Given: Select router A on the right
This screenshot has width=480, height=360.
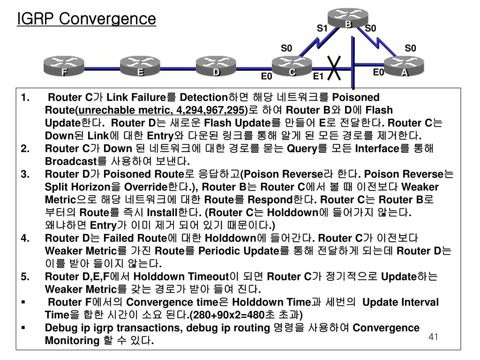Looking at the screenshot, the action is pyautogui.click(x=404, y=67).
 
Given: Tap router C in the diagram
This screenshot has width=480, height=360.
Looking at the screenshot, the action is pyautogui.click(x=292, y=67).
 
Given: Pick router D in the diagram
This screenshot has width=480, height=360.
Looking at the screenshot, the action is pyautogui.click(x=216, y=67).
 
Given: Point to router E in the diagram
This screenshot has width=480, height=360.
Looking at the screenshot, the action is pyautogui.click(x=140, y=67).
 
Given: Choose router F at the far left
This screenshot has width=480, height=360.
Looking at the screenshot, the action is pyautogui.click(x=64, y=67).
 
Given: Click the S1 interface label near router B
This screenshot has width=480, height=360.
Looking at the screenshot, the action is pyautogui.click(x=322, y=29).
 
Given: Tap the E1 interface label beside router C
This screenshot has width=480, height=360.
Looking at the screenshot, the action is pyautogui.click(x=318, y=76).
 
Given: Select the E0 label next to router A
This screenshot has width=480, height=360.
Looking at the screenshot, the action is pyautogui.click(x=378, y=72).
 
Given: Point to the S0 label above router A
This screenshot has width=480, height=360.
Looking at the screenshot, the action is pyautogui.click(x=410, y=48).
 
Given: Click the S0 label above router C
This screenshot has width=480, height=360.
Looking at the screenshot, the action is pyautogui.click(x=286, y=48).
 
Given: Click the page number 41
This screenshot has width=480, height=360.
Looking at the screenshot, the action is pyautogui.click(x=433, y=337).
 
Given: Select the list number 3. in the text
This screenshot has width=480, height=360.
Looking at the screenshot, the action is pyautogui.click(x=25, y=174).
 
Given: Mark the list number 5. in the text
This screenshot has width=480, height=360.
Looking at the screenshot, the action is pyautogui.click(x=25, y=276).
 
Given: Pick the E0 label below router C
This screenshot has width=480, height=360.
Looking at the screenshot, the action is pyautogui.click(x=267, y=76).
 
